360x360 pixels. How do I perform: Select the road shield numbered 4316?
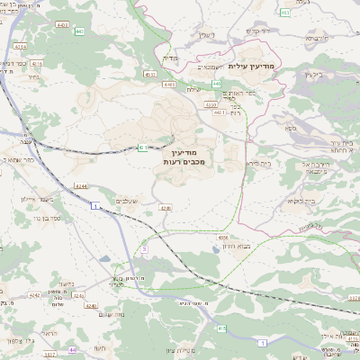(37, 65)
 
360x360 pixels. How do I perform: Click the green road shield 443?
(80, 31)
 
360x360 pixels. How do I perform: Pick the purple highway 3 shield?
(144, 248)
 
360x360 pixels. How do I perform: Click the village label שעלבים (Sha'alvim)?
(126, 201)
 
